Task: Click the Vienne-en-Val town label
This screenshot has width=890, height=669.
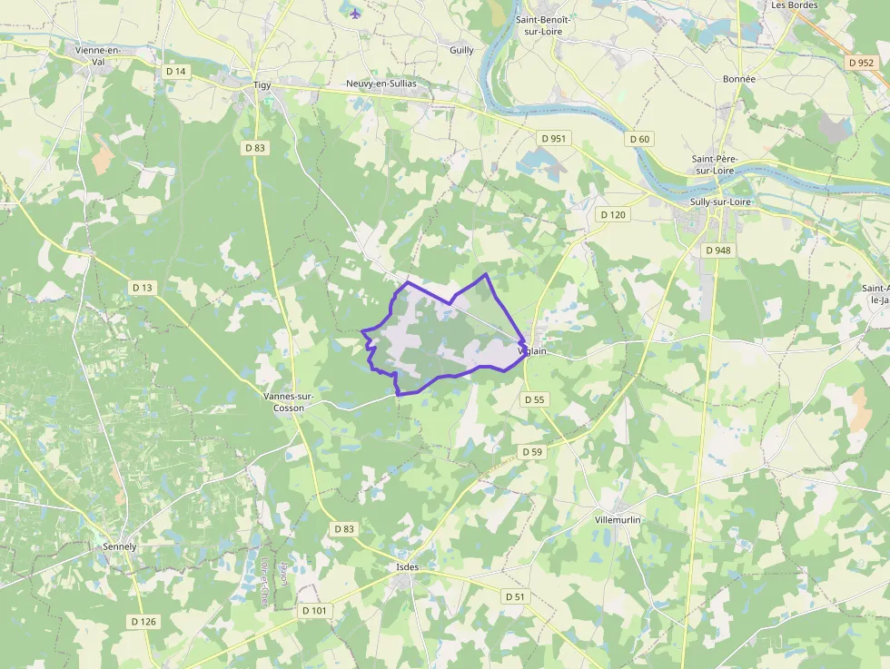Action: click(99, 56)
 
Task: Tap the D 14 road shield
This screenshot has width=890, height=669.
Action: click(176, 71)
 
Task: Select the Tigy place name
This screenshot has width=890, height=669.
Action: click(262, 85)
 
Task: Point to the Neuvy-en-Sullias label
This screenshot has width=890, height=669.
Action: click(381, 84)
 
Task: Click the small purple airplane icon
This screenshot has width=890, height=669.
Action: click(354, 14)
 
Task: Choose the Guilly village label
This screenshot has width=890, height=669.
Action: click(461, 50)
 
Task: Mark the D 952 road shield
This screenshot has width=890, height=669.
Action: click(860, 63)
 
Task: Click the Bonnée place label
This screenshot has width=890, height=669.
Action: click(739, 79)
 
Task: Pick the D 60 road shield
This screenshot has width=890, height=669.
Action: click(639, 139)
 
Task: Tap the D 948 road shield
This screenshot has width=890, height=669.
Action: click(717, 250)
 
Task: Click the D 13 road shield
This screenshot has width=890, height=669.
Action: click(143, 287)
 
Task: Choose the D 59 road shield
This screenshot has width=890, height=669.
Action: click(532, 451)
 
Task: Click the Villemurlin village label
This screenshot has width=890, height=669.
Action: click(618, 519)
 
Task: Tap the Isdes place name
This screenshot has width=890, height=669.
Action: click(408, 567)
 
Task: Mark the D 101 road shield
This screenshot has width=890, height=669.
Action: click(315, 611)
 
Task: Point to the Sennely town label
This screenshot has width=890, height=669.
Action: click(120, 546)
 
